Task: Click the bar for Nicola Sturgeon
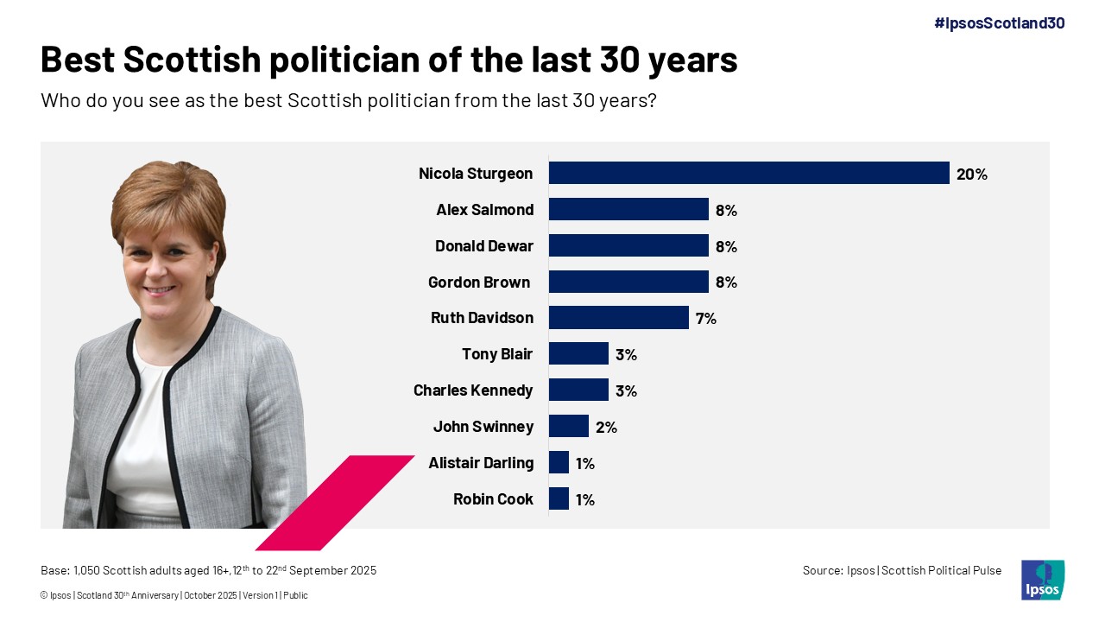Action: coord(748,173)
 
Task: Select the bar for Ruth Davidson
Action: coord(618,318)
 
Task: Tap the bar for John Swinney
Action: coord(568,426)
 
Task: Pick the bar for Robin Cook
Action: coord(559,498)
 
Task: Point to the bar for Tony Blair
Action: coord(578,353)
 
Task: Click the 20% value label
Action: coord(971,174)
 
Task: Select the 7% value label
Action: coord(705,318)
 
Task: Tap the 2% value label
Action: coord(606,427)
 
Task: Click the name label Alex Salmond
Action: coord(484,210)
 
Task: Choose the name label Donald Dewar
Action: coord(483,246)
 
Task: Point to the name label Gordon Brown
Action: coord(478,282)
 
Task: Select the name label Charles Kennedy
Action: coord(473,390)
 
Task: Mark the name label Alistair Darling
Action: coord(481,463)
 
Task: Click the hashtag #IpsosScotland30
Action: coord(999,23)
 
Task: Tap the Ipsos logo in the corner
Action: coord(1042,580)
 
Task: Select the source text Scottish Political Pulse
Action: coord(941,570)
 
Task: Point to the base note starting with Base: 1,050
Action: coord(208,570)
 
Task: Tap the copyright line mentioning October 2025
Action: coord(174,595)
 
